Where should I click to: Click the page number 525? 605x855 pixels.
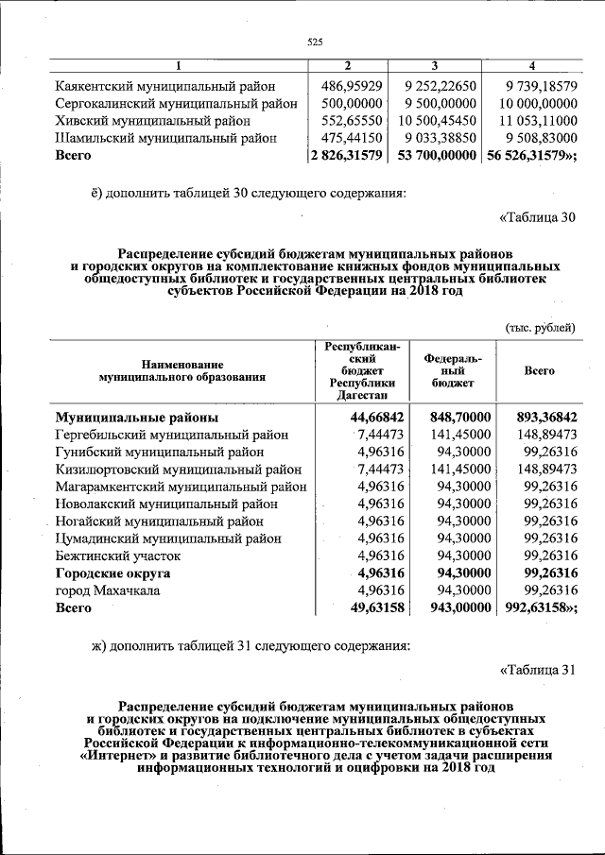point(316,42)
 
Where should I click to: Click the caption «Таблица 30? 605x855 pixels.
point(536,217)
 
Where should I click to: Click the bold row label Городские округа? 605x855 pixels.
point(112,573)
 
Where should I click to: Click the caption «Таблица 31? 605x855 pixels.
point(536,671)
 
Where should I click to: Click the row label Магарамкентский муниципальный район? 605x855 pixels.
point(181,487)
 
